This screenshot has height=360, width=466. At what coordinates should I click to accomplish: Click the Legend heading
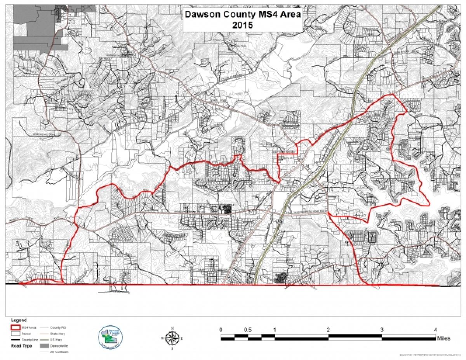pos(19,320)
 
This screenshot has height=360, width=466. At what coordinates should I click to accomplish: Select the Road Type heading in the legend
pos(21,345)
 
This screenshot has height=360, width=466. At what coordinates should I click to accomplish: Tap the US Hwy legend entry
pos(57,339)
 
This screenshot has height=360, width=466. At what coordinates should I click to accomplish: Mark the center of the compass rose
pos(172,337)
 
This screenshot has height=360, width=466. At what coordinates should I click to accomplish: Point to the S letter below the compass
pos(172,348)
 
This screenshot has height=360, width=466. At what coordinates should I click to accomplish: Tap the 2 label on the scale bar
pos(329,330)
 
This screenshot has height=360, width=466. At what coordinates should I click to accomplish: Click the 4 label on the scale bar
pos(435,330)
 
